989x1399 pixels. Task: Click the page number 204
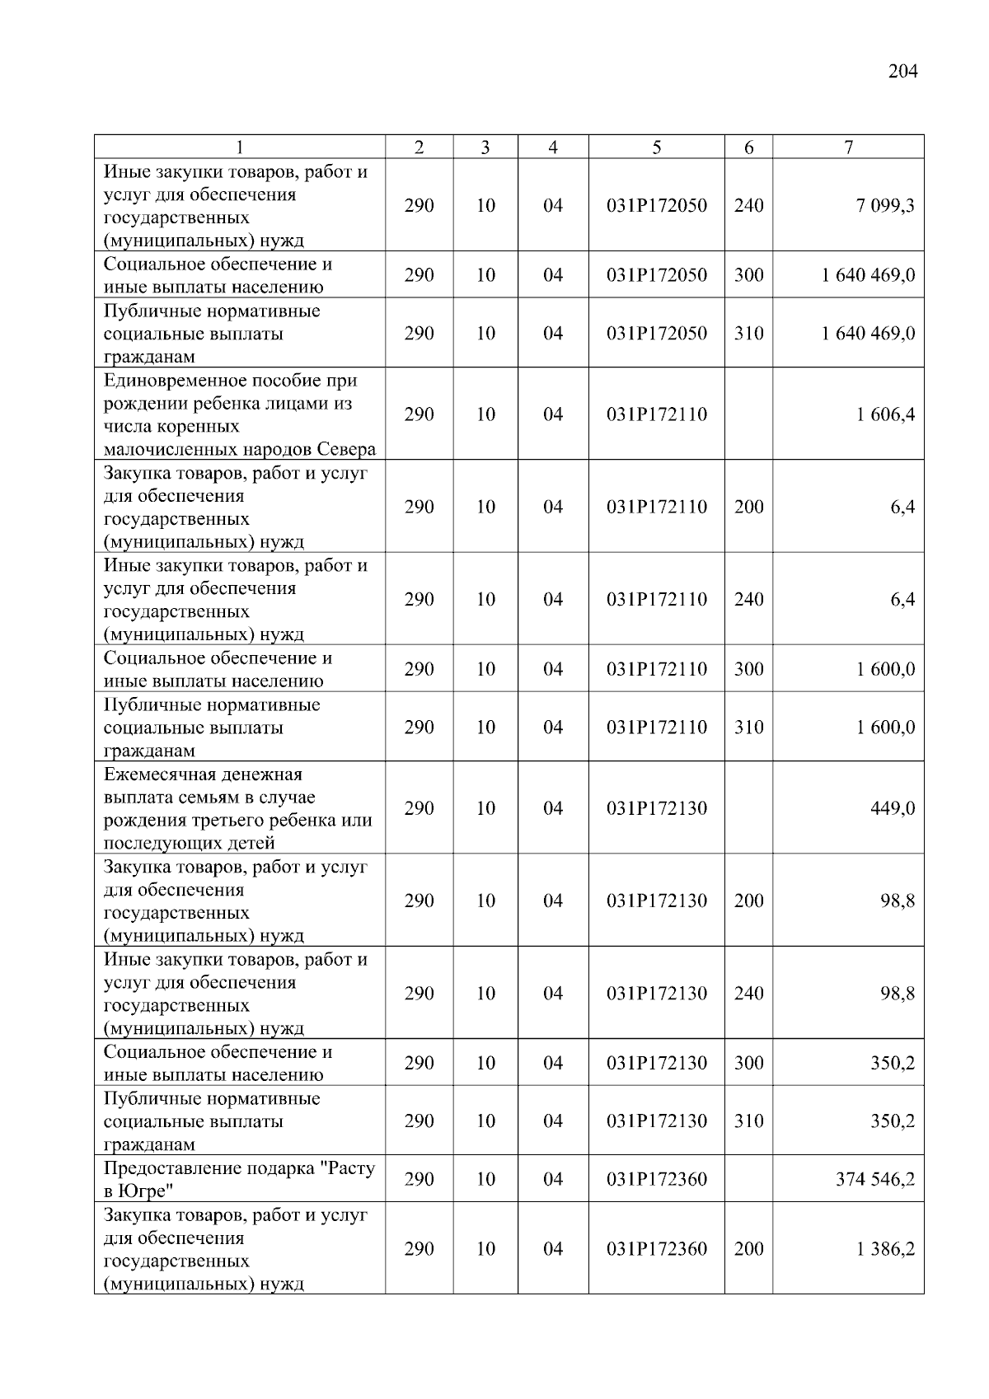coord(902,72)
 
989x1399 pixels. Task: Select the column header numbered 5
coord(656,147)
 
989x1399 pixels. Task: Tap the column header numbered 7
coord(848,147)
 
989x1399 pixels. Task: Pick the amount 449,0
coord(893,808)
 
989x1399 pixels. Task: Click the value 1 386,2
coord(885,1249)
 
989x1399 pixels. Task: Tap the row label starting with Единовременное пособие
coord(239,414)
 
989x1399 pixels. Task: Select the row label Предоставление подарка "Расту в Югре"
coord(239,1180)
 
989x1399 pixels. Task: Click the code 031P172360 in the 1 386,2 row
coord(657,1249)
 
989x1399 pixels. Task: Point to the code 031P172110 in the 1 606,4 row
coord(657,414)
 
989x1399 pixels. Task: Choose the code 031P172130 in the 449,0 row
coord(657,808)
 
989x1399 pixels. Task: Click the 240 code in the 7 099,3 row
coord(748,206)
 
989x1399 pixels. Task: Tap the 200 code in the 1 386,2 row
coord(748,1249)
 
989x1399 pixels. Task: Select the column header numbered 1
coord(240,147)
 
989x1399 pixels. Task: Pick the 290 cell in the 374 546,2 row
coord(419,1180)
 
